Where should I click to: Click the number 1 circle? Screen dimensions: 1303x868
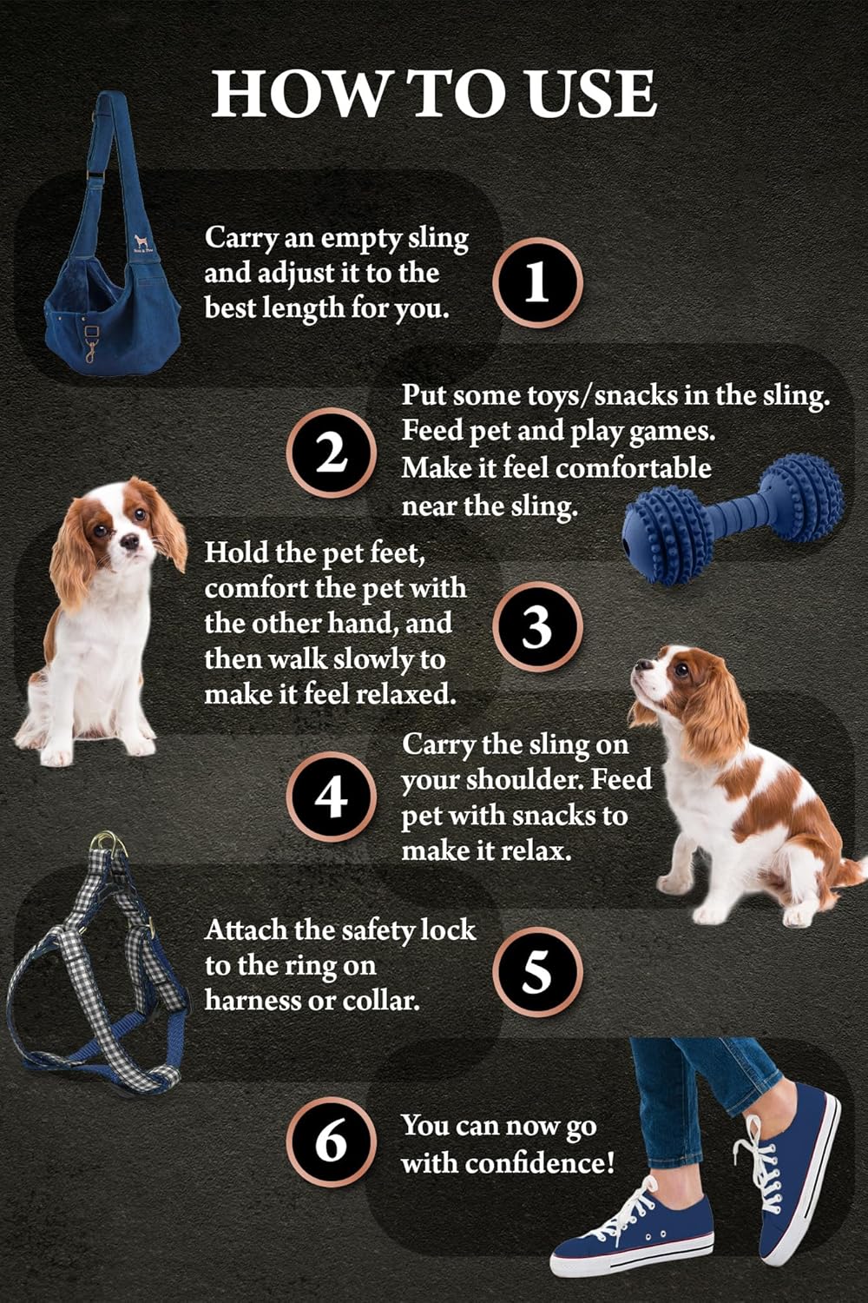click(537, 283)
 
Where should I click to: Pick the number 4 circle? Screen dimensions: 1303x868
click(331, 797)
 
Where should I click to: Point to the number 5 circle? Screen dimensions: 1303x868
click(537, 970)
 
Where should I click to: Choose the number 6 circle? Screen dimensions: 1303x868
click(331, 1141)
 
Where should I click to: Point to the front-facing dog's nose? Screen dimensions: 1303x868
click(128, 540)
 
